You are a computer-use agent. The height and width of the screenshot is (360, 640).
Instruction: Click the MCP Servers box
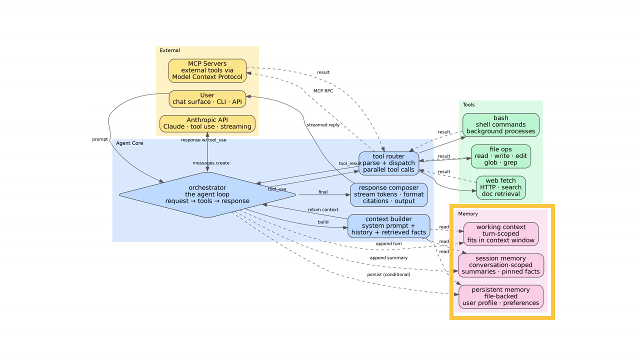207,70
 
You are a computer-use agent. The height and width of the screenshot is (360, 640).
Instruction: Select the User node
207,98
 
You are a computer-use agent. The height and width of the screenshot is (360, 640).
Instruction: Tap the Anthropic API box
207,123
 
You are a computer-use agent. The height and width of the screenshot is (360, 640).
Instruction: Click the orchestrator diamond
207,194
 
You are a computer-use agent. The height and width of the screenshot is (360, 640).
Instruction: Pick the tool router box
388,163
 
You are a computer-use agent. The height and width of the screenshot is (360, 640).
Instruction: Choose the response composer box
388,194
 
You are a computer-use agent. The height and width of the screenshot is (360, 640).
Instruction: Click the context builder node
388,225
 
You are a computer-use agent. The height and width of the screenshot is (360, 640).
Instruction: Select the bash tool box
500,124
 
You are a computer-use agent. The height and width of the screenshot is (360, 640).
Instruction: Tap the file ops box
500,156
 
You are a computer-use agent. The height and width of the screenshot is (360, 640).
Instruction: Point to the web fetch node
500,187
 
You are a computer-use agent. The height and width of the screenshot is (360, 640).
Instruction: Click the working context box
500,233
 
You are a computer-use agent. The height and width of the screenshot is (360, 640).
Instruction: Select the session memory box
500,265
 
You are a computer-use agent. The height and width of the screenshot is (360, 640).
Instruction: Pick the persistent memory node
500,296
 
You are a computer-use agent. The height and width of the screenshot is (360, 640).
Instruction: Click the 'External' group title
170,50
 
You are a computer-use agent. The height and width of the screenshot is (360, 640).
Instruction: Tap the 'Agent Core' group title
129,143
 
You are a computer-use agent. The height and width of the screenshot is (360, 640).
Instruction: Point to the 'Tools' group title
468,104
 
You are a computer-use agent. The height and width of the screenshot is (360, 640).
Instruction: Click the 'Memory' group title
468,213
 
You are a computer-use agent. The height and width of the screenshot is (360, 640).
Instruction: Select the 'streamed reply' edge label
323,124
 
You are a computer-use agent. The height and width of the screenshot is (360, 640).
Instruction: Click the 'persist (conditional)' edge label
388,274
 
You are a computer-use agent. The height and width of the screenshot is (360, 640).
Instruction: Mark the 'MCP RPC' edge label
323,91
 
